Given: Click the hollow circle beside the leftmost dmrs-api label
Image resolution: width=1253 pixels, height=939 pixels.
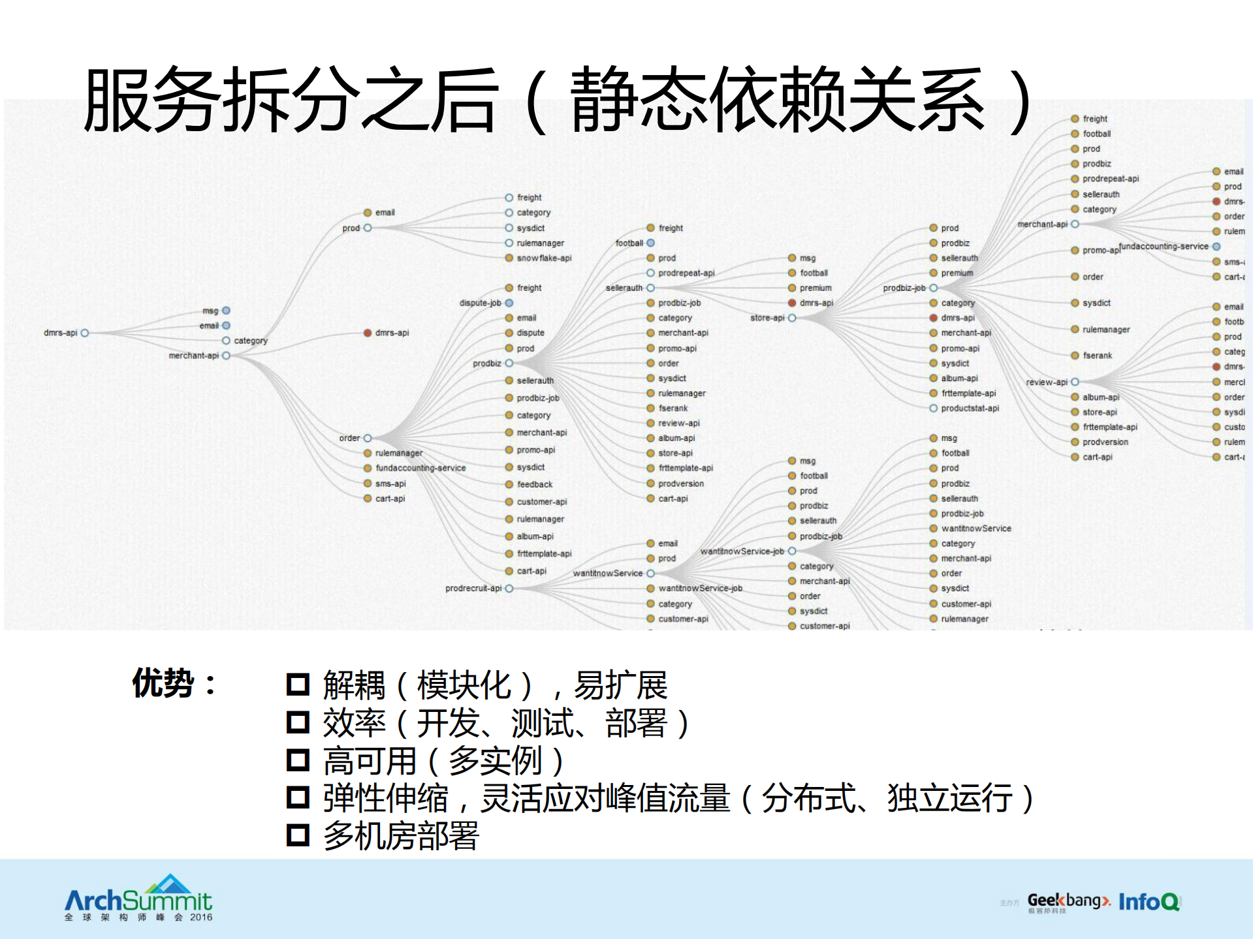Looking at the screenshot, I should click(85, 333).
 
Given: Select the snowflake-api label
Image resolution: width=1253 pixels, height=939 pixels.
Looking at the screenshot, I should click(544, 258).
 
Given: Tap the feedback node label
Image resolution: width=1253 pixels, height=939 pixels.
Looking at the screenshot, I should click(535, 484).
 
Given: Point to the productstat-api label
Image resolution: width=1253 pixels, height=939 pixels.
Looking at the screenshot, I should click(970, 408).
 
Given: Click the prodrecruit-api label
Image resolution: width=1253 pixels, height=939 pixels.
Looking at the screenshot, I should click(473, 589).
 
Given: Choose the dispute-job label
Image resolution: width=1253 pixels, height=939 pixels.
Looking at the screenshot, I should click(481, 303).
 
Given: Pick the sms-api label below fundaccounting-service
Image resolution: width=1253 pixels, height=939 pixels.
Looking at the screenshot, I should click(390, 484).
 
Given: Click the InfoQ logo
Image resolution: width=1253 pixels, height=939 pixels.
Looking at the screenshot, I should click(1149, 902).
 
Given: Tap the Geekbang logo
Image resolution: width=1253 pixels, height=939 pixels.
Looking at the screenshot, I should click(1068, 902).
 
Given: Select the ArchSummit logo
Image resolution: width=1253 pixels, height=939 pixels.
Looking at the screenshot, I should click(138, 897).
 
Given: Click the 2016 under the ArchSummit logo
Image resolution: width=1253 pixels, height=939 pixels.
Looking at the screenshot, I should click(201, 917).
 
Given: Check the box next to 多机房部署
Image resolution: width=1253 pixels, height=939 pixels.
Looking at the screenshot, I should click(298, 835).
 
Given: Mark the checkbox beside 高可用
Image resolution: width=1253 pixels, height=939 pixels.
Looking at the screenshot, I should click(298, 760).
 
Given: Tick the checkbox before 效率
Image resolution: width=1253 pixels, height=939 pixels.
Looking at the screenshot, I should click(298, 722).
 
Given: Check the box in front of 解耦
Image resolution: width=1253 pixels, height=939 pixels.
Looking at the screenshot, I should click(298, 685).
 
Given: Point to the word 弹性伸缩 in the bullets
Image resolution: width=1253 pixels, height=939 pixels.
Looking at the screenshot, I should click(386, 798).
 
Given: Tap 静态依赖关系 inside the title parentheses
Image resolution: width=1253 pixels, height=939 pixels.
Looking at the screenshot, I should click(777, 99).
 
